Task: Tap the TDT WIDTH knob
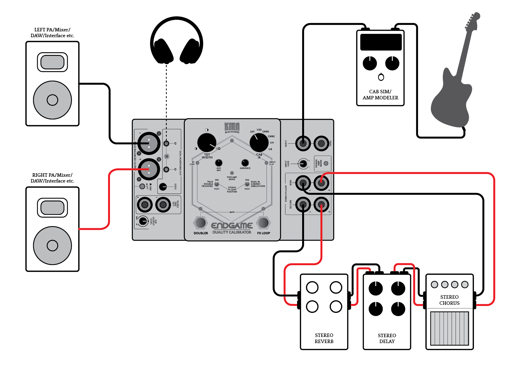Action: click(207, 142)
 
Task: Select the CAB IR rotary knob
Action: click(259, 142)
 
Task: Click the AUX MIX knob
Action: click(219, 163)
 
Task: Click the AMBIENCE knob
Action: click(245, 163)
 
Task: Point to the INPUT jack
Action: click(303, 143)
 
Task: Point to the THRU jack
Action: click(321, 143)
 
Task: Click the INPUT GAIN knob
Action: click(303, 164)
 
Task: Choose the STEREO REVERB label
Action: click(324, 338)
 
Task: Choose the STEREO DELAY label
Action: click(387, 338)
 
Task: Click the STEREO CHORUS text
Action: click(449, 300)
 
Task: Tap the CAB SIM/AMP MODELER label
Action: click(380, 95)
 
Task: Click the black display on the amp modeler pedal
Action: click(381, 42)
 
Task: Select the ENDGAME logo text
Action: click(232, 226)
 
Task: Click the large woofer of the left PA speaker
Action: click(52, 100)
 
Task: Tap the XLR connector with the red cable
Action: click(149, 169)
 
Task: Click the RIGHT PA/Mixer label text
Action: click(52, 178)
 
